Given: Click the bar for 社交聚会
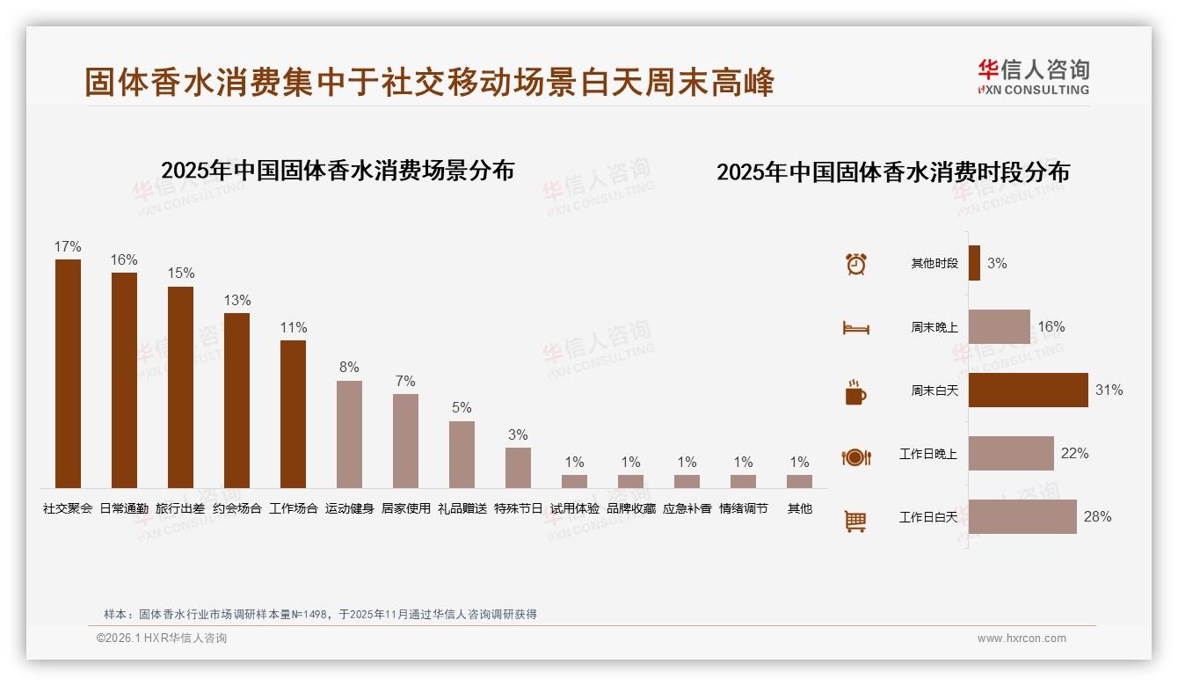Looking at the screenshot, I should (x=68, y=374).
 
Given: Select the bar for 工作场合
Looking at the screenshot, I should (x=293, y=413).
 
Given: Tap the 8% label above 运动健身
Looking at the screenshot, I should (x=349, y=368).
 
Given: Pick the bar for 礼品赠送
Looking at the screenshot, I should (x=462, y=454).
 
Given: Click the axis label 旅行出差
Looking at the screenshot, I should (x=180, y=508).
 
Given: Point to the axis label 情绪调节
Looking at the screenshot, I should (x=743, y=508).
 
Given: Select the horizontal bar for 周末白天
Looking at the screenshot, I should (x=1028, y=390).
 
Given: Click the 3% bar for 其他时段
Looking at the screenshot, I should (x=974, y=263).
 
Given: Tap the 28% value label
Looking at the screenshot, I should (x=1097, y=516).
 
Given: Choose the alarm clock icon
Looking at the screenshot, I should (x=855, y=264).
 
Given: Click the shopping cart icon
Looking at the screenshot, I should (x=855, y=521).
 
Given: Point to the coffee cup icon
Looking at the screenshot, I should (x=855, y=392).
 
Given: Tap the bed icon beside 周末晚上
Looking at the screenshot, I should (x=855, y=328).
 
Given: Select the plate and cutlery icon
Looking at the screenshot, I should (x=855, y=456).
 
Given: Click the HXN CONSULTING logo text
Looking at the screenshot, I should (x=1034, y=89).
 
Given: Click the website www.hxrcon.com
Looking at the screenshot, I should (x=1021, y=639).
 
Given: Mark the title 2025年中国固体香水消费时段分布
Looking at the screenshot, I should (x=892, y=171).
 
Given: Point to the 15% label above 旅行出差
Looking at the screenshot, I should (x=180, y=273).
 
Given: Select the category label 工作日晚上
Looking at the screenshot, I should (x=927, y=454).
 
